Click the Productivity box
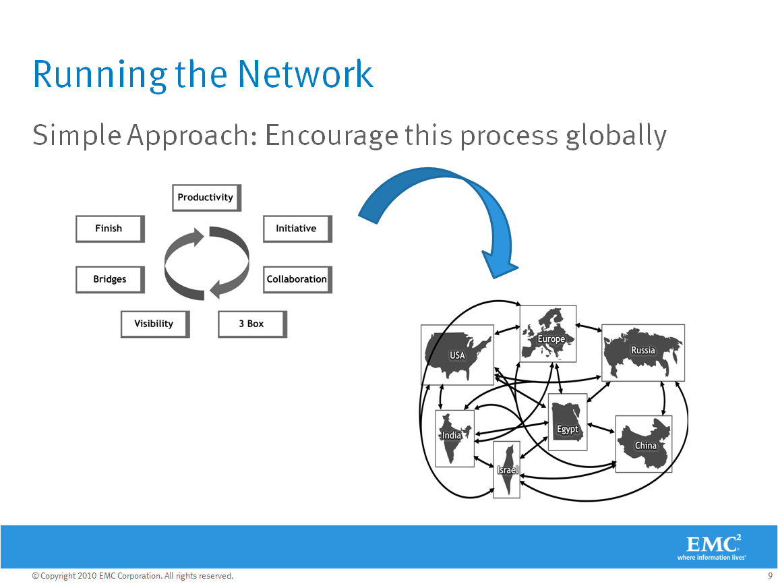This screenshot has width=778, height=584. pyautogui.click(x=206, y=198)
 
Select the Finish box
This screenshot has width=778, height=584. pyautogui.click(x=110, y=229)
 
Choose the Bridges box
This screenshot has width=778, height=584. pyautogui.click(x=110, y=279)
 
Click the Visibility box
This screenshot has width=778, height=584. pyautogui.click(x=155, y=324)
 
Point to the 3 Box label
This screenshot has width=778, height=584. pyautogui.click(x=251, y=324)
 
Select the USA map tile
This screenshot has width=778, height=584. pyautogui.click(x=458, y=355)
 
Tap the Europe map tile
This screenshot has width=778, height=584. pyautogui.click(x=548, y=334)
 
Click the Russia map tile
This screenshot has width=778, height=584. pyautogui.click(x=643, y=353)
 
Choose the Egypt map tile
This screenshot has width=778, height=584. pyautogui.click(x=568, y=422)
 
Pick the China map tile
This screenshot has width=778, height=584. pyautogui.click(x=644, y=444)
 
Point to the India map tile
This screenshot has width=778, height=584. pyautogui.click(x=454, y=438)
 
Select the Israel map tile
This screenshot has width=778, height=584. pyautogui.click(x=506, y=469)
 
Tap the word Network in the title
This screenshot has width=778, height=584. pyautogui.click(x=305, y=74)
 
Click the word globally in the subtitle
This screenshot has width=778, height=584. pyautogui.click(x=616, y=136)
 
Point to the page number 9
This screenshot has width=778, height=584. pyautogui.click(x=770, y=576)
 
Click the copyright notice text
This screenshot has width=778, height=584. pyautogui.click(x=133, y=576)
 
